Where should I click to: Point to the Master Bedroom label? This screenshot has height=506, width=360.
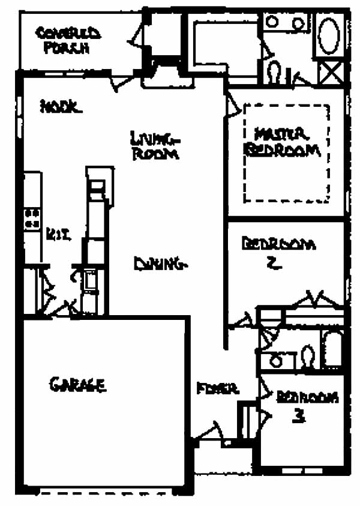point(282,142)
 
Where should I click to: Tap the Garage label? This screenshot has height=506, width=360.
point(78,384)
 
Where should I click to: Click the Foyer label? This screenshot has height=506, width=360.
point(218,389)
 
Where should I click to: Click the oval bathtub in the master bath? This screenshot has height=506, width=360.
point(328,36)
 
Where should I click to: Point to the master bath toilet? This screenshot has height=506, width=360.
point(274,72)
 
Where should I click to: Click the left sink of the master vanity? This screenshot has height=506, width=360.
point(272,22)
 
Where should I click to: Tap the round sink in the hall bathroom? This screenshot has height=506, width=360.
point(277,361)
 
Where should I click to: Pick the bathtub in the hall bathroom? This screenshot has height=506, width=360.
point(332,349)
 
